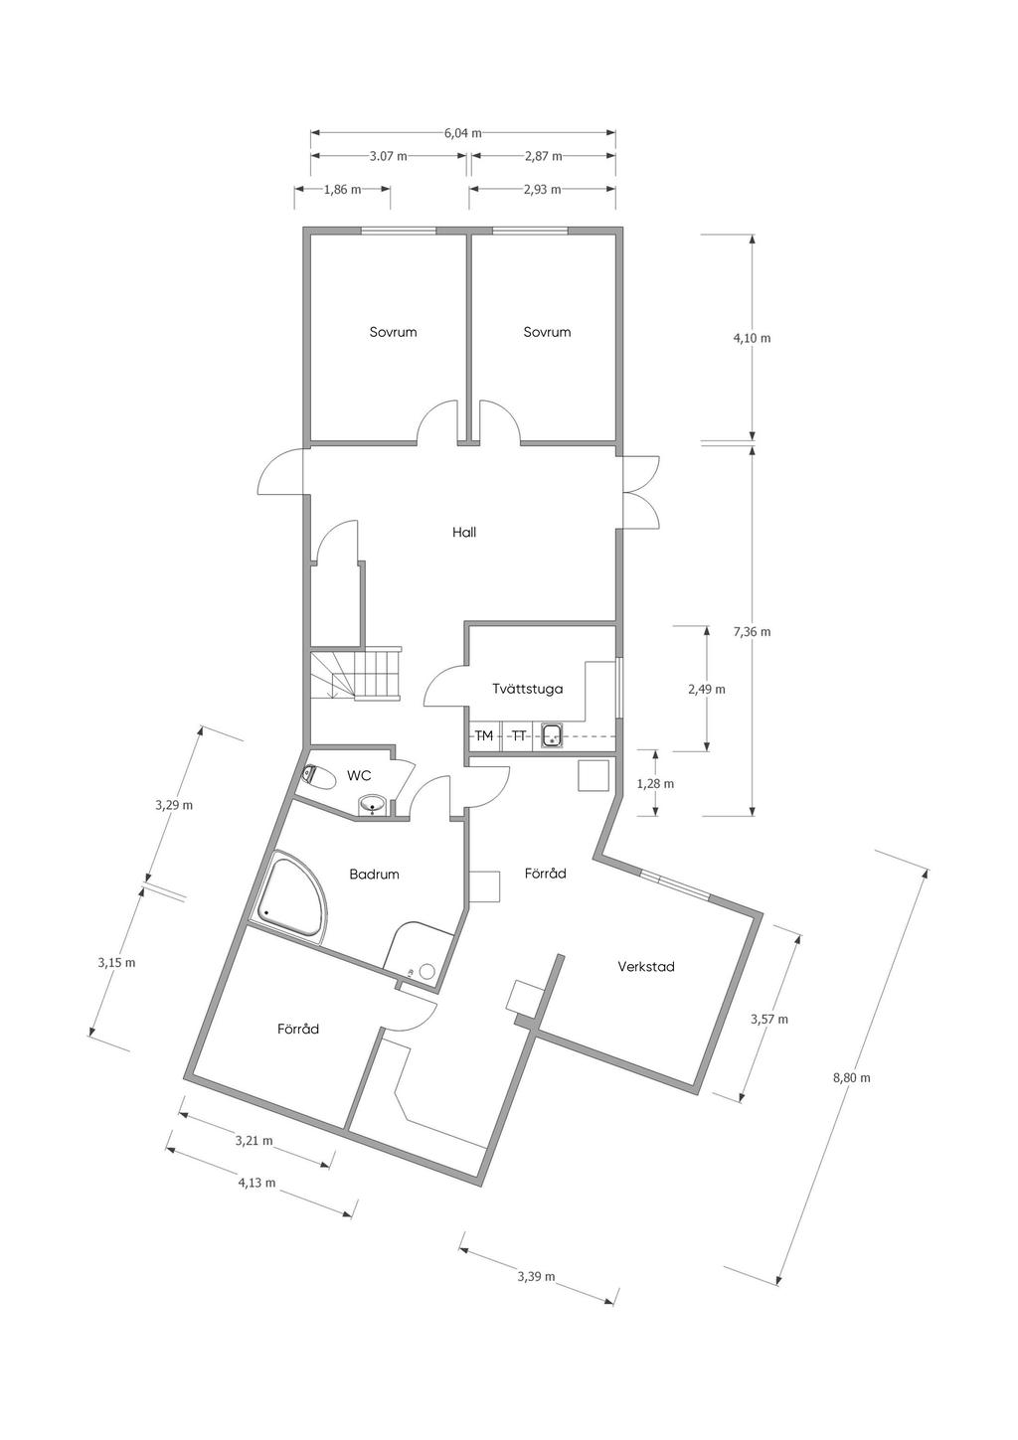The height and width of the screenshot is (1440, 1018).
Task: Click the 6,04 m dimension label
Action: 462,134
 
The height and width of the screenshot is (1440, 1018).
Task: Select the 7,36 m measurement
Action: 752,631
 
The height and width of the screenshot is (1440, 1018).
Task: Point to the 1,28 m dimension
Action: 655,784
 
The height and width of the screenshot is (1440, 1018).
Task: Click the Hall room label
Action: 463,533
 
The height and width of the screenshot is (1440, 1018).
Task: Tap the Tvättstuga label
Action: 527,689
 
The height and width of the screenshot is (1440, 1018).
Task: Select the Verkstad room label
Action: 645,966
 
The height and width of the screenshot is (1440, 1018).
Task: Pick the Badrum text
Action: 374,875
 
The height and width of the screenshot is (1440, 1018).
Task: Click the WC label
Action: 359,776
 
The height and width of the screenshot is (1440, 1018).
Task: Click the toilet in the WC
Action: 318,777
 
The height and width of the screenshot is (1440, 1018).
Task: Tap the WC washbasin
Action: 373,806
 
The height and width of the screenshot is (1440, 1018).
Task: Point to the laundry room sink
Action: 552,736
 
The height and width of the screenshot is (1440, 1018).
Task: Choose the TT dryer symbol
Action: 518,736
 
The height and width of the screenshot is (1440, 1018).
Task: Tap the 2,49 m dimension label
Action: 706,689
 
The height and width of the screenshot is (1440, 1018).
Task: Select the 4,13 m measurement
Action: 256,1183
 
